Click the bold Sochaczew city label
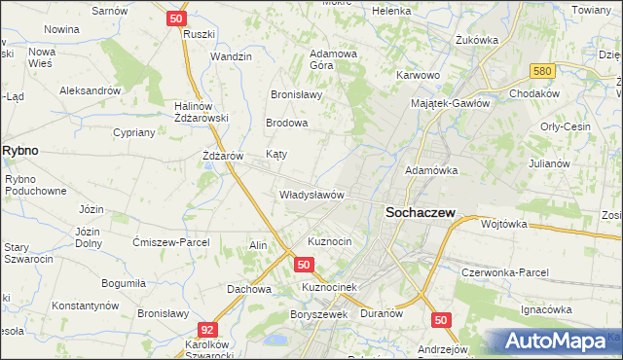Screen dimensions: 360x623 tap(419, 213)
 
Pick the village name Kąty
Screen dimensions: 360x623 tap(276, 155)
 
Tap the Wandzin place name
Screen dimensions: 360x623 tap(231, 57)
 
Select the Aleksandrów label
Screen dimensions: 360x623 tap(89, 90)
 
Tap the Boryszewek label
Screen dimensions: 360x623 tap(318, 314)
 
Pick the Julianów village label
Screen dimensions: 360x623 tap(548, 163)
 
